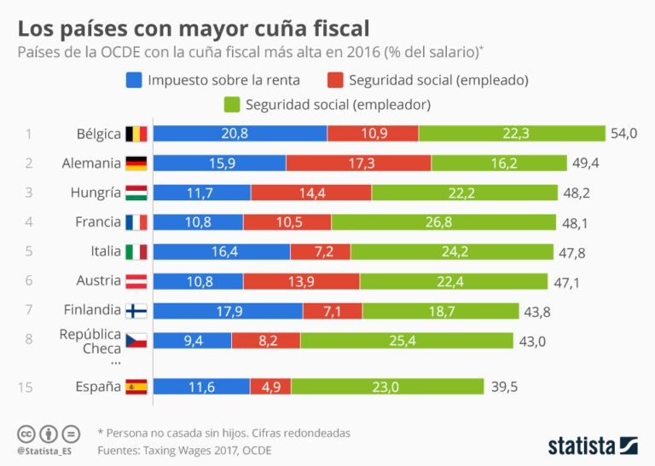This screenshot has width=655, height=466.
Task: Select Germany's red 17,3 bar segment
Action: point(358,163)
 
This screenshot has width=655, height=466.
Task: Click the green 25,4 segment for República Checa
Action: point(406,340)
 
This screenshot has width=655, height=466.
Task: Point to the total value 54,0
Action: point(624,134)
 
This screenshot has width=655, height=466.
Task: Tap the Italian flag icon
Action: point(136,252)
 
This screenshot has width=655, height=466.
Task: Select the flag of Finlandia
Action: point(136,311)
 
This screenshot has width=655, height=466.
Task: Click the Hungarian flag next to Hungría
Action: point(136,193)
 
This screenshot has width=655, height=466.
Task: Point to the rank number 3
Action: point(28,193)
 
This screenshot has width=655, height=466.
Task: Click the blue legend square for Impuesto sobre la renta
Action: point(132,80)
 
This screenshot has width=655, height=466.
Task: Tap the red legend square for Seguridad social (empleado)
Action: point(334,80)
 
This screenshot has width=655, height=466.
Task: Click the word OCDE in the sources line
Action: point(256,450)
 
